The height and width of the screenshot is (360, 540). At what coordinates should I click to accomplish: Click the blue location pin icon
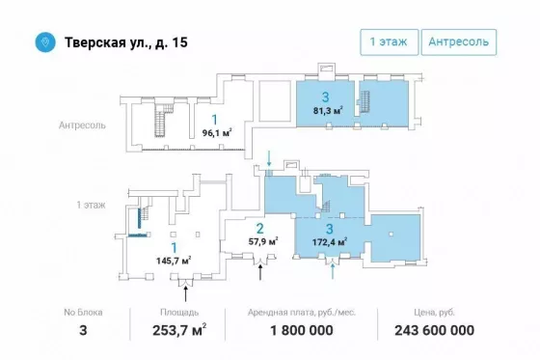[x=45, y=42]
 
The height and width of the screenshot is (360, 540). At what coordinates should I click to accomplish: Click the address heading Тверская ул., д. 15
[x=126, y=42]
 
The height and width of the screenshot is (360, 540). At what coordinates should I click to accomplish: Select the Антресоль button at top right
[x=459, y=42]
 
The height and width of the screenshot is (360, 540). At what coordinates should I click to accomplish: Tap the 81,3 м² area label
[x=328, y=111]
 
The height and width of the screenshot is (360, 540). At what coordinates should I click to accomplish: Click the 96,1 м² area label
[x=217, y=132]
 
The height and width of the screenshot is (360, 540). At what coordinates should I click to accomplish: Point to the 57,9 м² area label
[x=263, y=241]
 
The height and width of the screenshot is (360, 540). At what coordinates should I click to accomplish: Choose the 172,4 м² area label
[x=330, y=241]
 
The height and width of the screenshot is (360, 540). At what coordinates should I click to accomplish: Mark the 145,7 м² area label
[x=174, y=261]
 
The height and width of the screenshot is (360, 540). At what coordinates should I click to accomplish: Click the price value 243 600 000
[x=434, y=330]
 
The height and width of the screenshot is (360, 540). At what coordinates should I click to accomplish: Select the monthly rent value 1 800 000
[x=302, y=330]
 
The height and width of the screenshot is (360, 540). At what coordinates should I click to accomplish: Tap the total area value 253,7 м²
[x=179, y=330]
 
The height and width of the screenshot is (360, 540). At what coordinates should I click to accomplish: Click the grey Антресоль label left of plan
[x=82, y=125]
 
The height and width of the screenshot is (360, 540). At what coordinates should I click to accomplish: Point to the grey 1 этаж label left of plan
[x=91, y=205]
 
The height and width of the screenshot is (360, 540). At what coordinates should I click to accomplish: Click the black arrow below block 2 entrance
[x=260, y=271]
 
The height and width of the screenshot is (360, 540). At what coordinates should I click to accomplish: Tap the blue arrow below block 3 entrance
[x=333, y=270]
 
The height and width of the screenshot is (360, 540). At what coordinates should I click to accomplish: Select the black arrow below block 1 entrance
[x=185, y=293]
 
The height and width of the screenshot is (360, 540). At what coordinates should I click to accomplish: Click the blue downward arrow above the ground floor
[x=269, y=158]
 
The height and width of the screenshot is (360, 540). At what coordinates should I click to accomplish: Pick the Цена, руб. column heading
[x=434, y=313]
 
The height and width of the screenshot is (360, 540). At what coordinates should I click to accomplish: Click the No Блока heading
[x=83, y=313]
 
